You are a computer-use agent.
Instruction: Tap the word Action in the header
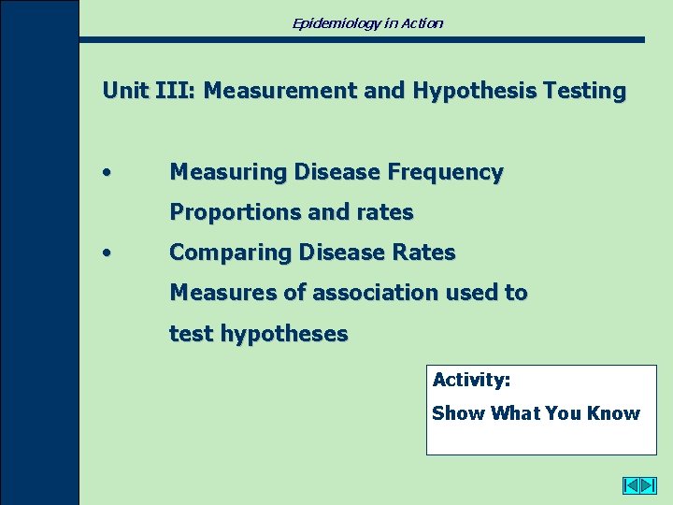[422, 22]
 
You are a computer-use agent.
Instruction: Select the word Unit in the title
[123, 91]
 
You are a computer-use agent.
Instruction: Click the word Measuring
[228, 172]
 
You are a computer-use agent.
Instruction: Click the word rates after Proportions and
[384, 212]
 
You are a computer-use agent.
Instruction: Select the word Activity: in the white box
[471, 381]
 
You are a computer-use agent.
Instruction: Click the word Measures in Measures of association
[222, 293]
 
